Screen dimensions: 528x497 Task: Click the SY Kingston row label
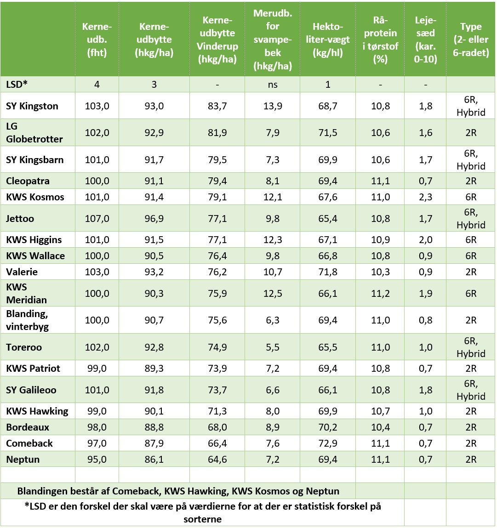[32, 106]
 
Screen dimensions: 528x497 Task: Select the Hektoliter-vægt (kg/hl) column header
[328, 40]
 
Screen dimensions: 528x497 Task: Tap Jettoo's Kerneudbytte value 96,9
[154, 219]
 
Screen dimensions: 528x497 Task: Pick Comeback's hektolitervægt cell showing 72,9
[328, 443]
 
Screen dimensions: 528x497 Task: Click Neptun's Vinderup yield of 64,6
[217, 460]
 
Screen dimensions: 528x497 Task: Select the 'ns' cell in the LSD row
[272, 85]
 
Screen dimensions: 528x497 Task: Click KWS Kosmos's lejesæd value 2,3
[426, 197]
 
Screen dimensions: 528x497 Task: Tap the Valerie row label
[22, 272]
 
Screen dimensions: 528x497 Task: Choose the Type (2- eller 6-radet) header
[471, 40]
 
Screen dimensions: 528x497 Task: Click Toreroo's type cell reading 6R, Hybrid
[471, 347]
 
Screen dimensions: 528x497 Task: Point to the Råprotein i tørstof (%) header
[380, 40]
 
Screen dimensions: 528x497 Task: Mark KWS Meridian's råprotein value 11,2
[380, 294]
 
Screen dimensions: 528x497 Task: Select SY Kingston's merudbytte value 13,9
[272, 106]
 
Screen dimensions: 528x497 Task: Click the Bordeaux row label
[28, 427]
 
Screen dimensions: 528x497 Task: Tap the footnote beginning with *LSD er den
[202, 513]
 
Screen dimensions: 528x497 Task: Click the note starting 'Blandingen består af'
[178, 491]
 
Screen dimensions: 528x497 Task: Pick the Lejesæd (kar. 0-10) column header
[426, 40]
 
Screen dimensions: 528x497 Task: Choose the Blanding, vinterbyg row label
[27, 320]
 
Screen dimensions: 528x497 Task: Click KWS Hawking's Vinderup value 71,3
[217, 411]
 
